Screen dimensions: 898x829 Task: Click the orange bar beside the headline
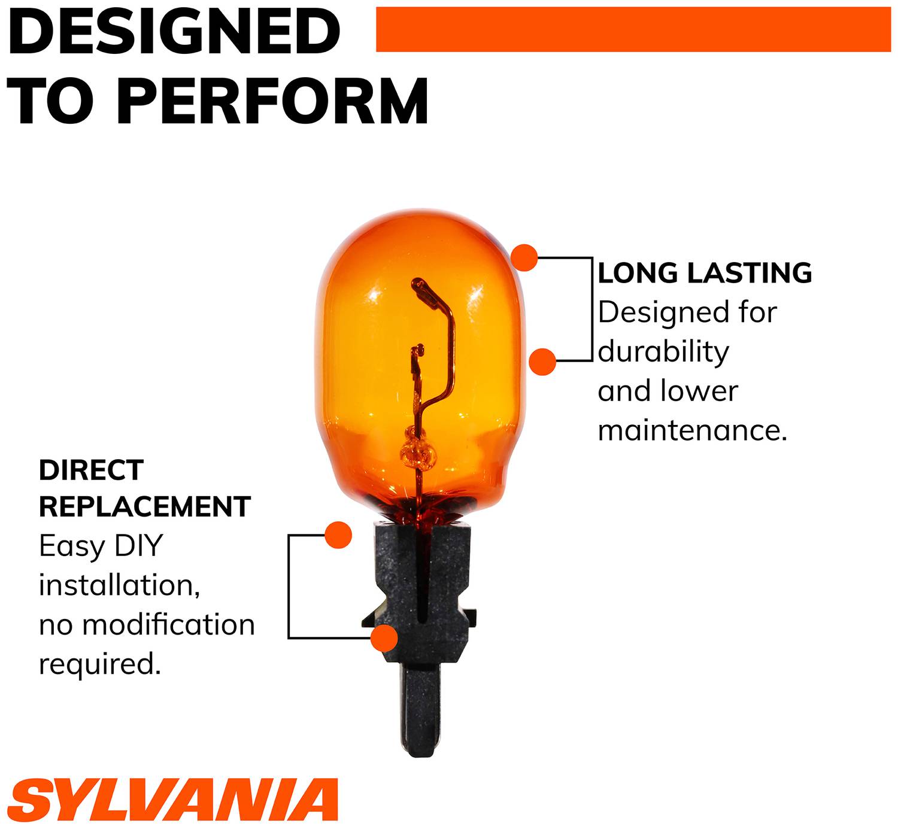click(x=633, y=29)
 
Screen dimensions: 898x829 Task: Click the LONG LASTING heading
click(x=705, y=273)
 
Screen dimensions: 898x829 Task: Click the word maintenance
click(x=692, y=430)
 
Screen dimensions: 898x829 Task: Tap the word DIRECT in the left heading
click(x=92, y=470)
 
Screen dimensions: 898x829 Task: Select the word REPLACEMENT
click(x=145, y=506)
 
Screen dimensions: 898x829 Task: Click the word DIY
click(x=138, y=546)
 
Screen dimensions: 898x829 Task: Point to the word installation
click(x=119, y=585)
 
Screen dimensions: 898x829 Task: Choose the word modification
click(x=169, y=625)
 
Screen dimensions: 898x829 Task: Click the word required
click(x=100, y=665)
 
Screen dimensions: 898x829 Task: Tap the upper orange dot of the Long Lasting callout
click(x=524, y=258)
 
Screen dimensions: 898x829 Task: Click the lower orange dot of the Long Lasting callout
click(x=542, y=362)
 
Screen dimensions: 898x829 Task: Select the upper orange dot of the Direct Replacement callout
click(x=338, y=535)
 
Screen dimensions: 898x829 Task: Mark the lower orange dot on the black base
click(x=384, y=638)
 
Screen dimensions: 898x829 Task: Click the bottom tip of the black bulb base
click(x=421, y=757)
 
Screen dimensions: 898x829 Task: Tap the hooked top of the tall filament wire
click(x=418, y=284)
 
